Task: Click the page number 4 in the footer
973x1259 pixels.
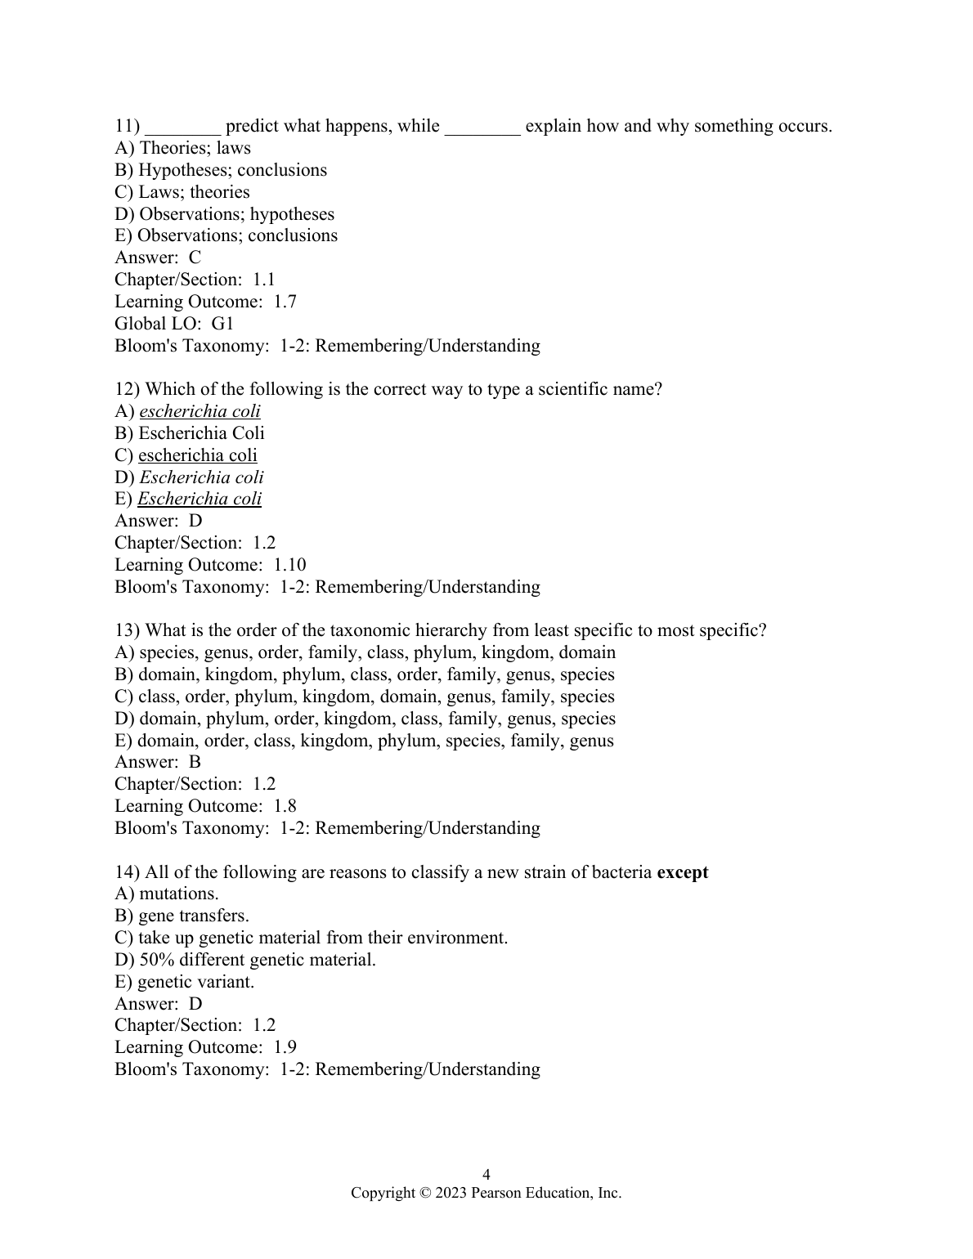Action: (486, 1175)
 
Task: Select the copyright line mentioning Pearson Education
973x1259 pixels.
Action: (486, 1193)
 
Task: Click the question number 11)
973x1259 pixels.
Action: (128, 126)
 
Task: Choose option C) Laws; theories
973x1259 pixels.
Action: (182, 192)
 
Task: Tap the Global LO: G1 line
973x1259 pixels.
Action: (174, 324)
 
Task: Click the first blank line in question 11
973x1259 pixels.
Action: (182, 128)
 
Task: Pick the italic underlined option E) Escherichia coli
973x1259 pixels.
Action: (188, 499)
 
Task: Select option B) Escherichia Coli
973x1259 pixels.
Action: (190, 433)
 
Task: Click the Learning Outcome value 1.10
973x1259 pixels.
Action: (289, 565)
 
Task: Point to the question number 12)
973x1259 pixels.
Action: (128, 389)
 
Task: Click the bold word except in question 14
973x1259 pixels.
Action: (683, 872)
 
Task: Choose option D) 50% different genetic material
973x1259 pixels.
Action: (245, 960)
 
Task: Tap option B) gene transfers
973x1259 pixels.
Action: (182, 916)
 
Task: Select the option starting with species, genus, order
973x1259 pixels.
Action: (365, 652)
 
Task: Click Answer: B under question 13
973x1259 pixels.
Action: (158, 762)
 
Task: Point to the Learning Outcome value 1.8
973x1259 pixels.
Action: (285, 806)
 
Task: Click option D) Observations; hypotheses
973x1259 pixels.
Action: (225, 214)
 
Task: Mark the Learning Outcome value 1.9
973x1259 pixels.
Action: (285, 1047)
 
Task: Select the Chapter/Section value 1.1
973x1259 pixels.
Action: (263, 280)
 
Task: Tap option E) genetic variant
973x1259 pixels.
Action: (185, 982)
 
